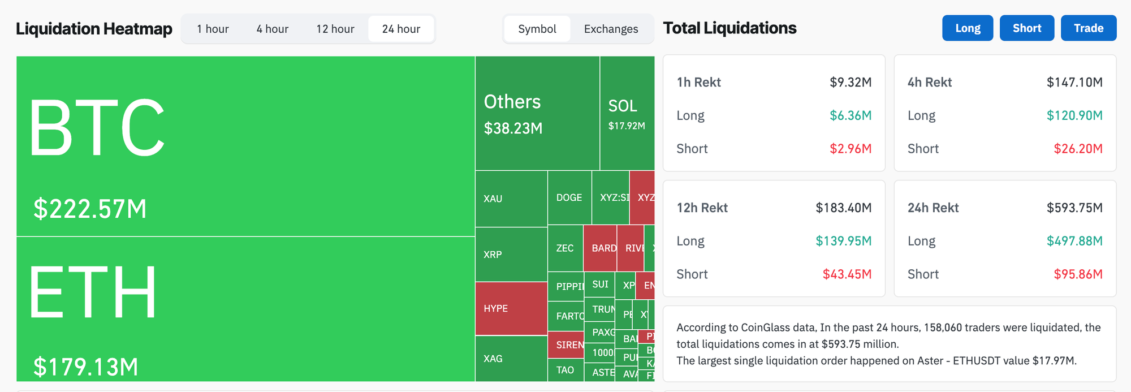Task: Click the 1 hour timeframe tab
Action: (x=213, y=29)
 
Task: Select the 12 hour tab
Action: (x=335, y=29)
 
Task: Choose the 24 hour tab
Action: (x=401, y=29)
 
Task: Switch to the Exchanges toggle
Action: (x=611, y=29)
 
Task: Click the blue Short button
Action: (x=1026, y=28)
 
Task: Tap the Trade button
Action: (x=1088, y=28)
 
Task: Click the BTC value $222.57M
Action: (x=90, y=209)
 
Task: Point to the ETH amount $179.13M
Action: (x=86, y=367)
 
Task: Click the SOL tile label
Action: (x=623, y=106)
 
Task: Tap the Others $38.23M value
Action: (x=513, y=128)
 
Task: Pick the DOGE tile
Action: (x=569, y=197)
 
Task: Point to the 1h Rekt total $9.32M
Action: (x=850, y=83)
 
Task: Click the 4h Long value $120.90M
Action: (x=1074, y=115)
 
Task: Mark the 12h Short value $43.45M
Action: (x=847, y=274)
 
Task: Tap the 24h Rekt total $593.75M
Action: (x=1074, y=208)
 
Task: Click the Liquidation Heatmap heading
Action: (x=94, y=29)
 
